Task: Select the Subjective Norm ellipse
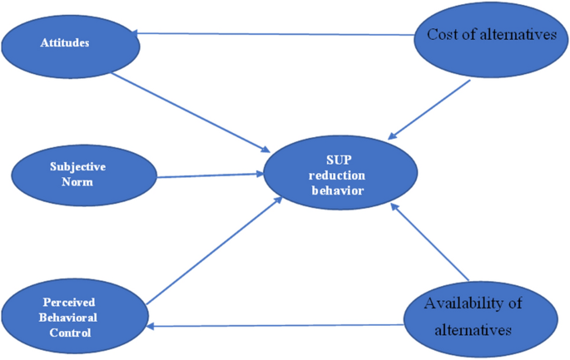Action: [83, 174]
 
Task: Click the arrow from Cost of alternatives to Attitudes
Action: [275, 35]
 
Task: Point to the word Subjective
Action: [83, 166]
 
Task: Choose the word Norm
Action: [83, 181]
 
